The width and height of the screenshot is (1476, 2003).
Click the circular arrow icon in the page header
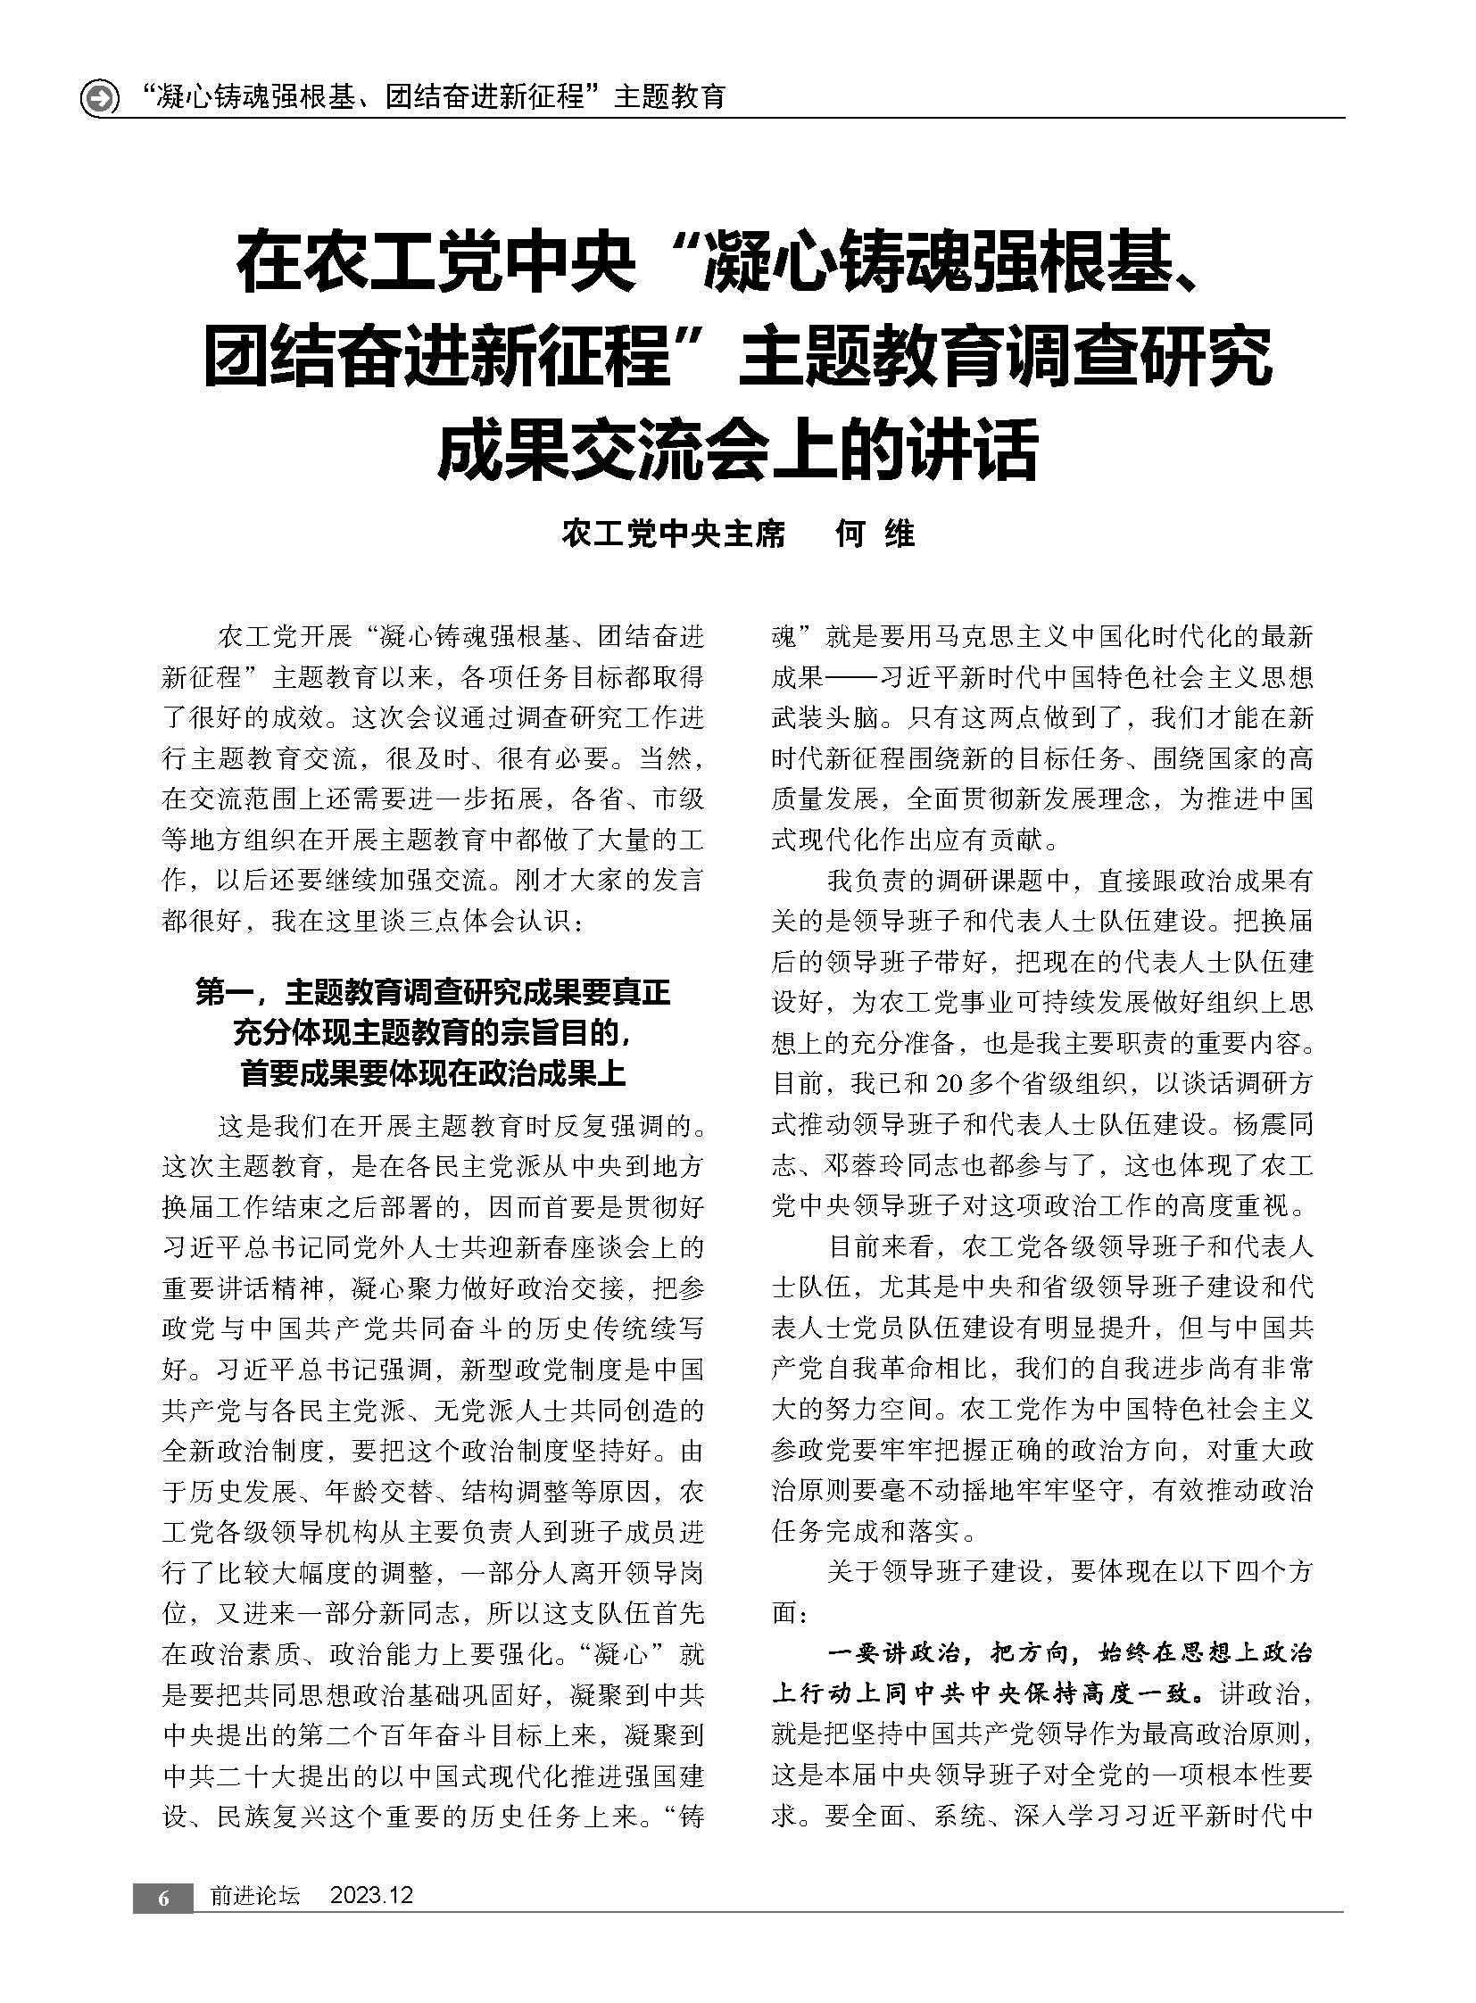99,97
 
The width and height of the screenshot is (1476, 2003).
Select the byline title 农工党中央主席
674,534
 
